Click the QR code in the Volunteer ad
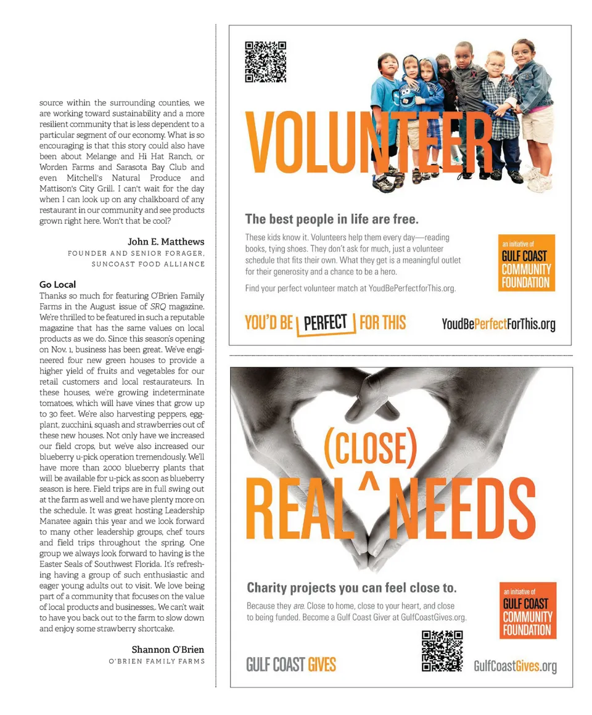(266, 62)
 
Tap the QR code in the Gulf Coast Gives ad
(442, 651)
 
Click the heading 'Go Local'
(57, 284)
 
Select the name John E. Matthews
(166, 242)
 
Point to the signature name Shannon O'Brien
(168, 650)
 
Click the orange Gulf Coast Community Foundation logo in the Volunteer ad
(526, 263)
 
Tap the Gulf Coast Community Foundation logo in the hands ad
(527, 610)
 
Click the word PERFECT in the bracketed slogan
(326, 323)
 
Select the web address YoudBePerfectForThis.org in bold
(498, 324)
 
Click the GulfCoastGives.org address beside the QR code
(515, 666)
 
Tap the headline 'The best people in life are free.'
(332, 219)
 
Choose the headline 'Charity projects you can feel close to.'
(351, 587)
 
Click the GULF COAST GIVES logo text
(291, 664)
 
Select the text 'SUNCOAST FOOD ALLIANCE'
(148, 264)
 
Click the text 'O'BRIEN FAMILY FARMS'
(157, 661)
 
